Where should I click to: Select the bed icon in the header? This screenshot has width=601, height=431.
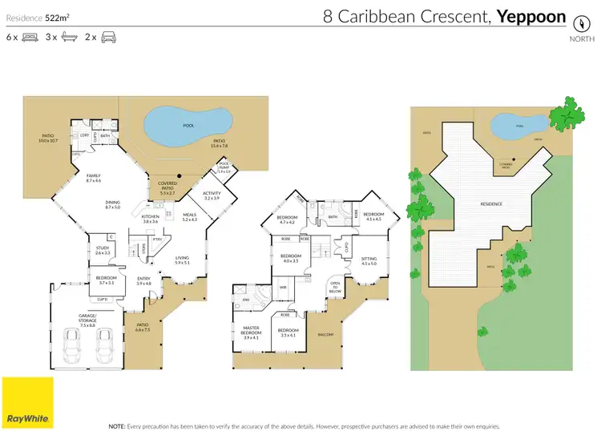click(31, 37)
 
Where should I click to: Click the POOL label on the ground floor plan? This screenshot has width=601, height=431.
click(189, 126)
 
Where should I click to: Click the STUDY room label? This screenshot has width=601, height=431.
click(103, 250)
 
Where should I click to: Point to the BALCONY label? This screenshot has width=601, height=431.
click(325, 334)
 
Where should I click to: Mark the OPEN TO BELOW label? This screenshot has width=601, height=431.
click(335, 288)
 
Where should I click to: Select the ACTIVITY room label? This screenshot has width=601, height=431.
click(212, 195)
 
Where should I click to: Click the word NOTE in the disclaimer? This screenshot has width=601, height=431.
click(115, 425)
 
